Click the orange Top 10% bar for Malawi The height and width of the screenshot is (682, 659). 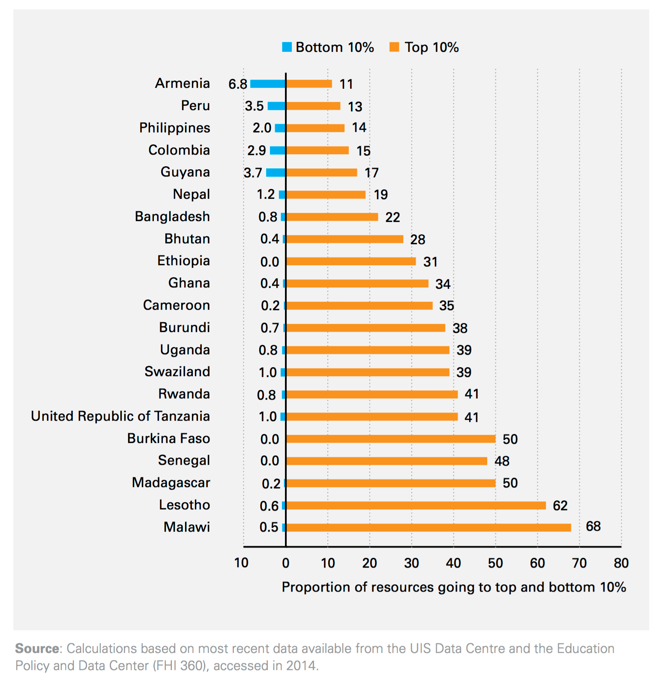[x=428, y=527]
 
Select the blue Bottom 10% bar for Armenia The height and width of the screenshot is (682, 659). [x=268, y=84]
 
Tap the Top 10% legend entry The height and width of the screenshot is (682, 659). [x=424, y=47]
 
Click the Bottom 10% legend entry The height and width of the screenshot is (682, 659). [x=328, y=47]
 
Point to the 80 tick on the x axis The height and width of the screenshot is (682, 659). [x=621, y=563]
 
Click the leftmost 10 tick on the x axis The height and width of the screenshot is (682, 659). [x=241, y=563]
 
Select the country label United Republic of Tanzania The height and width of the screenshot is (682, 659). [x=120, y=416]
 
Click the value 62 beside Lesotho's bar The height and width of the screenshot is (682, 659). [x=560, y=506]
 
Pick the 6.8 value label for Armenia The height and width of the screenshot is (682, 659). [x=238, y=84]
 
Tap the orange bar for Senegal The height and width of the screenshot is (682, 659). [x=386, y=461]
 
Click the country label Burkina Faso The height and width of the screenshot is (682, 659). [x=168, y=438]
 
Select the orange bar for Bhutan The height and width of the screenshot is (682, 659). [x=345, y=239]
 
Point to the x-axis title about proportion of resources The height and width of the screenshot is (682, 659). [x=454, y=587]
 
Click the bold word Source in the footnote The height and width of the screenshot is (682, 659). [x=37, y=649]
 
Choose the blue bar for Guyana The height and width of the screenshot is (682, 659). [x=276, y=173]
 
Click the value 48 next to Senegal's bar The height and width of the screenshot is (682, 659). [x=502, y=461]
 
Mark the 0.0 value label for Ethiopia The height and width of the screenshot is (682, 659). [x=270, y=261]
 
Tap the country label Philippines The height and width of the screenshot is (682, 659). [x=174, y=128]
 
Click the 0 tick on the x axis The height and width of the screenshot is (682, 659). [x=286, y=563]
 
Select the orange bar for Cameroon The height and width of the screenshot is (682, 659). [x=359, y=305]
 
